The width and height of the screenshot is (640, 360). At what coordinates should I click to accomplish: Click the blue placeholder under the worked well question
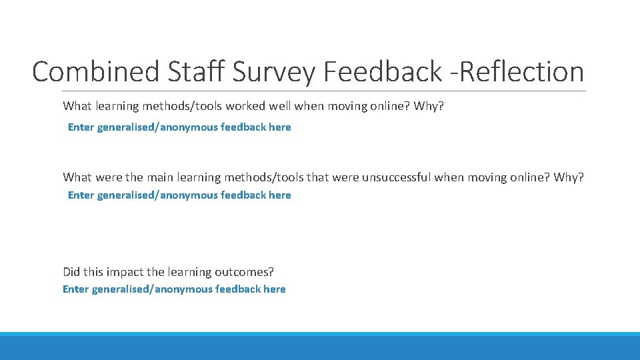179,127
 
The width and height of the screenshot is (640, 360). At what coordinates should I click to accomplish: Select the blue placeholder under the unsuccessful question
179,195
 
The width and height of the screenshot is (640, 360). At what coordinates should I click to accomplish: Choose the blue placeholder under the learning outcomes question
174,289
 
